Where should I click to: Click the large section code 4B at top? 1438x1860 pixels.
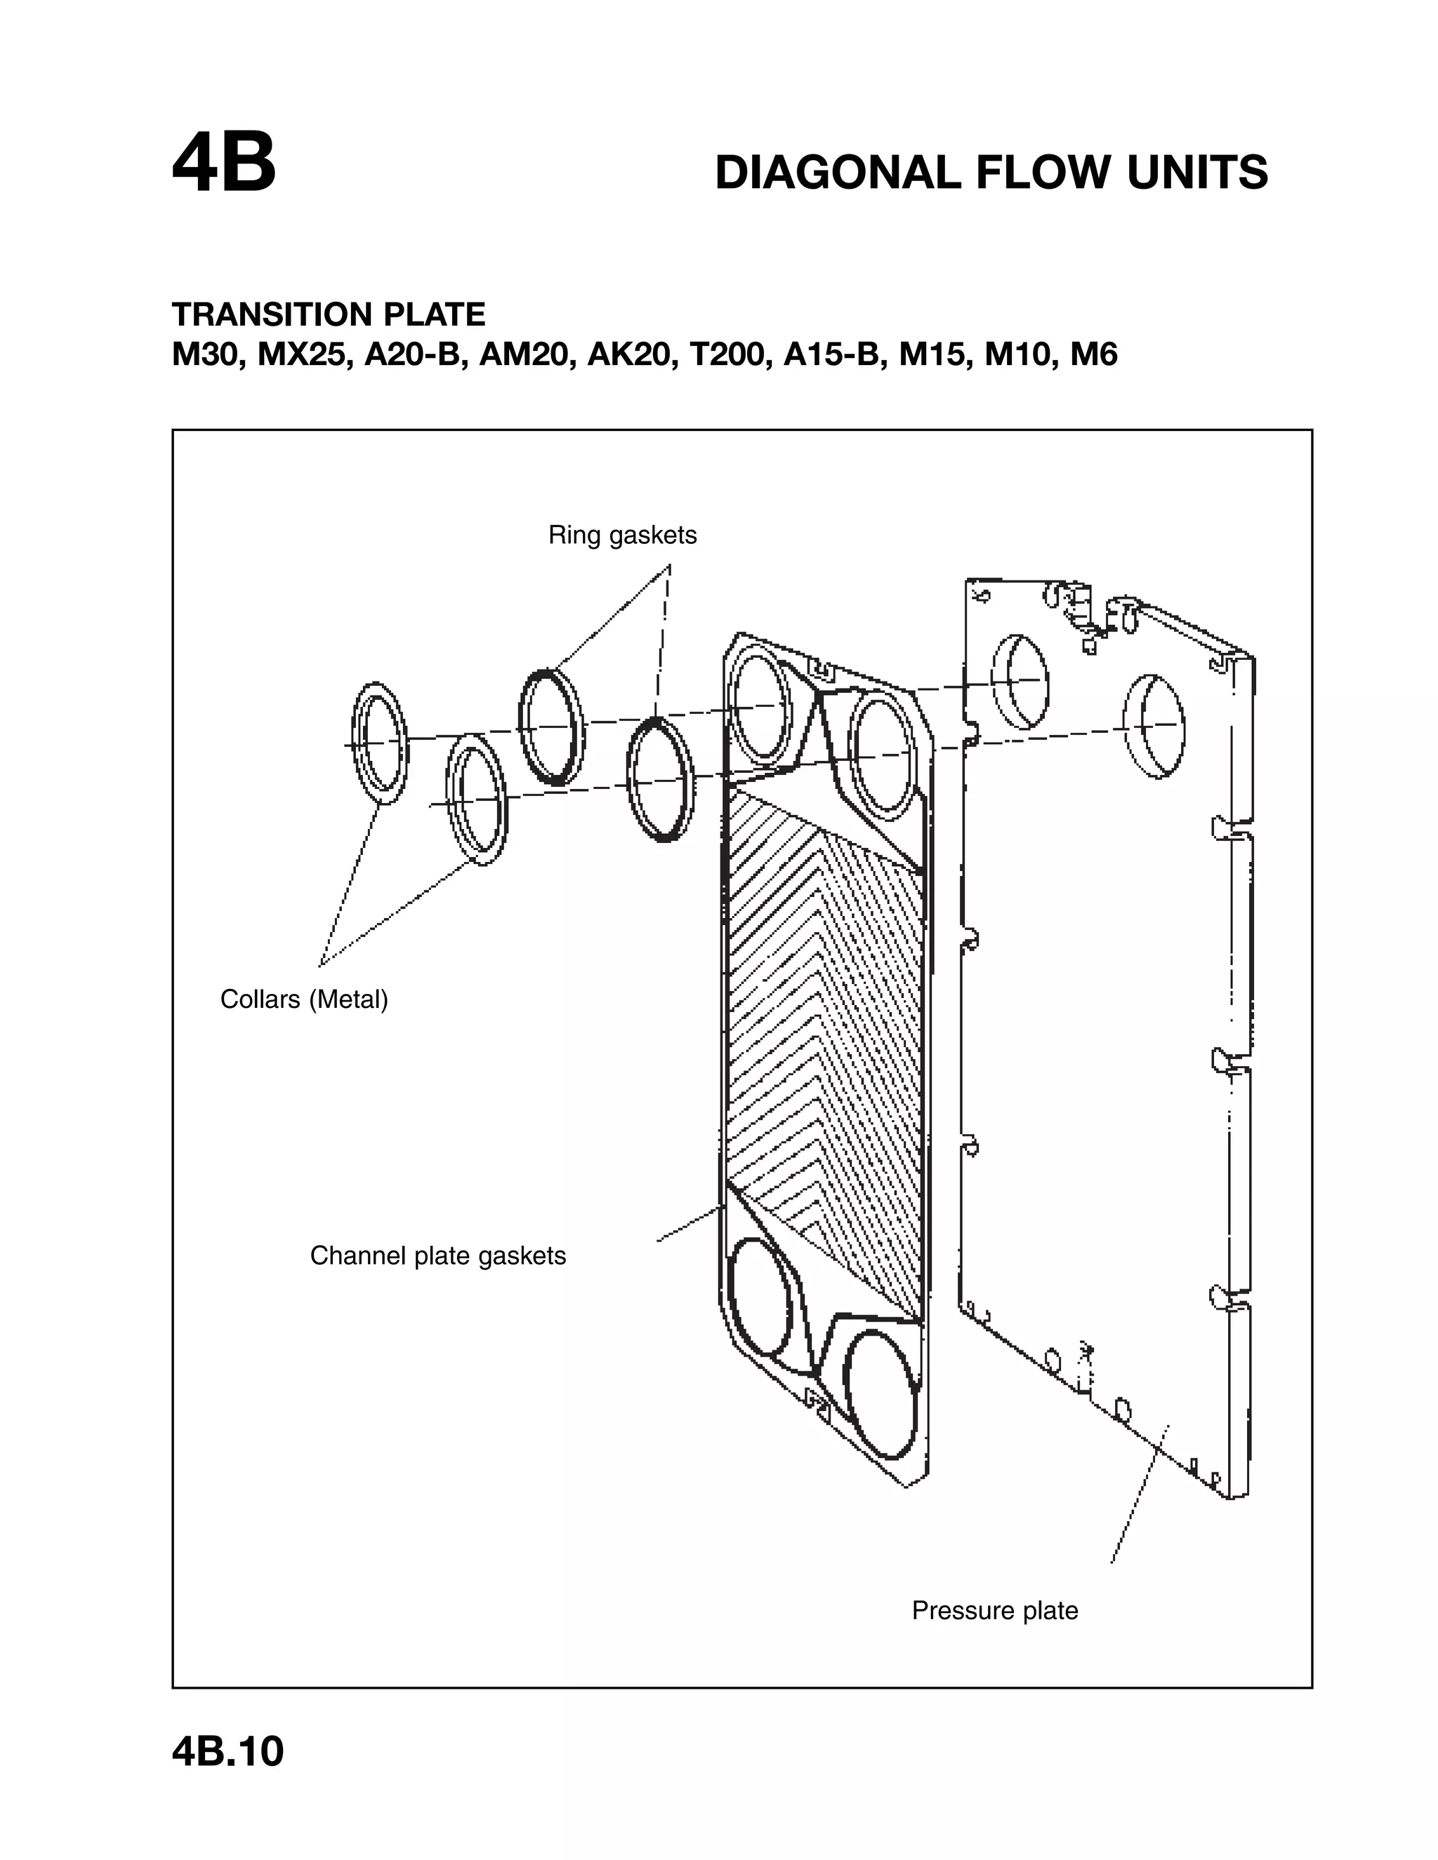point(224,164)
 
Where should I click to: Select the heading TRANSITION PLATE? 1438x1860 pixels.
point(328,314)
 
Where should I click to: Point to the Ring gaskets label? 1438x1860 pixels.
point(622,535)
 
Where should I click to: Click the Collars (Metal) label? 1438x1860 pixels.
point(304,999)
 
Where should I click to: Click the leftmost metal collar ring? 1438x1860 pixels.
point(380,743)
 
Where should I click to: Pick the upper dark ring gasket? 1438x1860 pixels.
point(551,726)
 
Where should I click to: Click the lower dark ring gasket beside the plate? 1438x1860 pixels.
point(660,779)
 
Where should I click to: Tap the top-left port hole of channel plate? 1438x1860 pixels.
point(763,704)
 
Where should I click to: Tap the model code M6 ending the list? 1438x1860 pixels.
point(1093,354)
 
